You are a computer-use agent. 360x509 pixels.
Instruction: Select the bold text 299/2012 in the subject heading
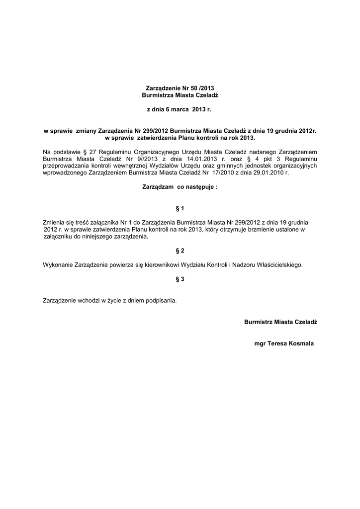[x=155, y=131]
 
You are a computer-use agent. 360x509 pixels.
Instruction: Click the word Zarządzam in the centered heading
[x=158, y=187]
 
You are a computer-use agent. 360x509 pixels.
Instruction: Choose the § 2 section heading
[x=180, y=251]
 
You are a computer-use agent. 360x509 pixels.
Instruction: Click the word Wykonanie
[x=58, y=265]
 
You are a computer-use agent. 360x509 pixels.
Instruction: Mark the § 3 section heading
[x=180, y=279]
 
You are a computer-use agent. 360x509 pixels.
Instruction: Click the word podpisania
[x=159, y=301]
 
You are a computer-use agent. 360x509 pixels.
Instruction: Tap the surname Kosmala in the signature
[x=300, y=343]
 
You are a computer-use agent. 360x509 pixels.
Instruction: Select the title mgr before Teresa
[x=259, y=343]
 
